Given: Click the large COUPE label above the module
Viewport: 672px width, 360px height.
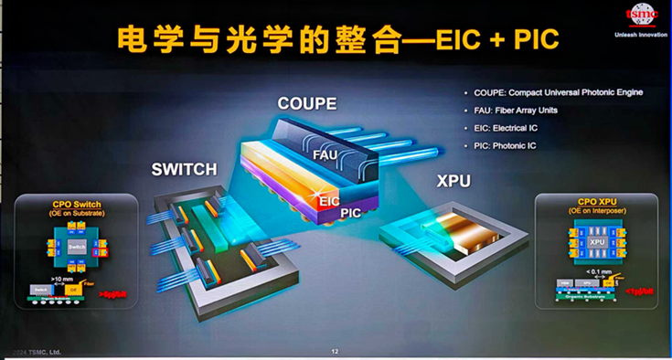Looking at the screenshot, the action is pos(306,103).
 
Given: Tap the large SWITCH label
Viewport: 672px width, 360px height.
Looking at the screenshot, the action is pos(185,170).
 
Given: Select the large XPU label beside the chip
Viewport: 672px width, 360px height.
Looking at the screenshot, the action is pos(453,181).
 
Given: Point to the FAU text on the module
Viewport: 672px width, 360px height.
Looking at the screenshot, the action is pos(325,155).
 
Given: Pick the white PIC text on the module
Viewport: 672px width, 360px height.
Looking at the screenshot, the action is pos(352,213).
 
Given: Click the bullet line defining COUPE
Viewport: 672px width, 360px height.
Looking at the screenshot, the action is pos(558,92).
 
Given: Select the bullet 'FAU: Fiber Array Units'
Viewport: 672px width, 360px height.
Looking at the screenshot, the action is pos(516,111).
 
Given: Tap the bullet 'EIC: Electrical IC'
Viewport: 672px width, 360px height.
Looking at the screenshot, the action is pos(506,128).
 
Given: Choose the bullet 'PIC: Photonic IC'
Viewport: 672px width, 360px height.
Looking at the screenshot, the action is pos(506,145).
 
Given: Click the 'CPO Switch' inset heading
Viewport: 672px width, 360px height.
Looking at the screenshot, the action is pos(77,204).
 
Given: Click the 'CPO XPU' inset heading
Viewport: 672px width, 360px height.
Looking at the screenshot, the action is pos(597,201).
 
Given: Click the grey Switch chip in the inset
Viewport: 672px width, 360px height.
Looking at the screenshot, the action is pos(77,248).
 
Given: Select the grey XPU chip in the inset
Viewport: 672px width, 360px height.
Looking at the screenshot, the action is pos(596,242).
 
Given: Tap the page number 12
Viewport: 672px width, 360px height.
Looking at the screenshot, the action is pos(335,351).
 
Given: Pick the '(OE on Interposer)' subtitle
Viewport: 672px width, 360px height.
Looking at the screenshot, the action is pos(597,211).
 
